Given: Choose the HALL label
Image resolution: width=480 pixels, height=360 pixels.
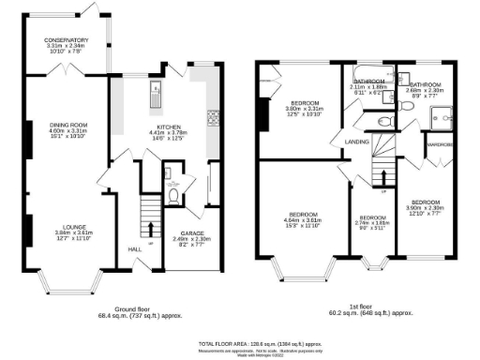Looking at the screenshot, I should click(133, 248).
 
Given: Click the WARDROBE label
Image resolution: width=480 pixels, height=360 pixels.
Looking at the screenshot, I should click(440, 145).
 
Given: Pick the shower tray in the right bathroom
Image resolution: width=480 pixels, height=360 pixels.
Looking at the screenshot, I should click(437, 114).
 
